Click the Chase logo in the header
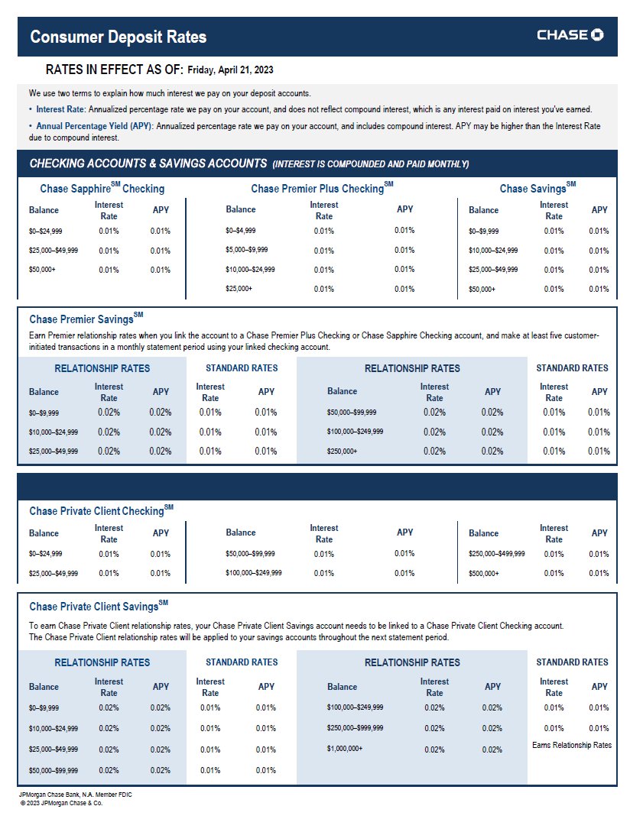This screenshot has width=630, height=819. tap(570, 35)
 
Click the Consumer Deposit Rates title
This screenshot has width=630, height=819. tap(119, 37)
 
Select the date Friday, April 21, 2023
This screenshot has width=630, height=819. tap(230, 70)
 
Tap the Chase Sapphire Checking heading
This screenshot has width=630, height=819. tap(102, 188)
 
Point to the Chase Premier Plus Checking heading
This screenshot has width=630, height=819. tap(321, 188)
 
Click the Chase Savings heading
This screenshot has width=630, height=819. tap(537, 188)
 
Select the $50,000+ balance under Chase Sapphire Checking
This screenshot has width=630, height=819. tap(42, 270)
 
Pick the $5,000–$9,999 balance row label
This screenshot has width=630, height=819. tap(246, 250)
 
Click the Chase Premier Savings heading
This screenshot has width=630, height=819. tap(86, 318)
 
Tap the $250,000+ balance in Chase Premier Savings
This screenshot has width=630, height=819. tap(342, 452)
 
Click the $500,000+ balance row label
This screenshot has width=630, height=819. tap(484, 573)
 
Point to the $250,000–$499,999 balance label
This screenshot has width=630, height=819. tap(496, 554)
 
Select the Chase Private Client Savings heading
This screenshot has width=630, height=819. tap(98, 607)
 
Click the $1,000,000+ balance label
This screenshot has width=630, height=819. tap(345, 749)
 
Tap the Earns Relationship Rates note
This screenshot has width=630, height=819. tap(571, 745)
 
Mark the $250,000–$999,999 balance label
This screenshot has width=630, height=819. tap(355, 728)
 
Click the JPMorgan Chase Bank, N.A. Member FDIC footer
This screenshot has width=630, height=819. tap(75, 795)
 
